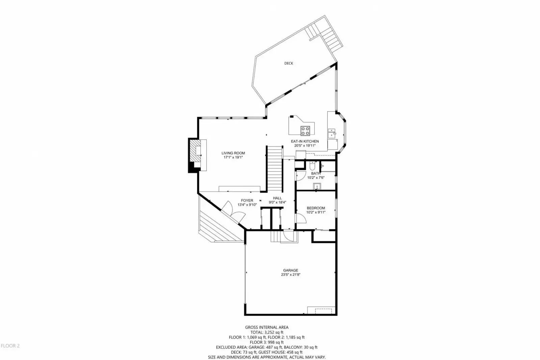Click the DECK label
[x=288, y=63]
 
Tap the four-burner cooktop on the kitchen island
[x=305, y=131]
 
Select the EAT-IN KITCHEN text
[x=305, y=141]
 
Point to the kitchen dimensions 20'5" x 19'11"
[x=305, y=146]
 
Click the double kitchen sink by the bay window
[x=332, y=133]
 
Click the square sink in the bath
[x=317, y=186]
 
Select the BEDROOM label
[x=316, y=208]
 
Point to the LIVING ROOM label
[x=233, y=153]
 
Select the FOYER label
[x=247, y=201]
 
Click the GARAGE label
[x=290, y=271]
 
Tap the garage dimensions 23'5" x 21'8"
[x=290, y=275]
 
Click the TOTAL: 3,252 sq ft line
[x=267, y=333]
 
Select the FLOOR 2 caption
[x=10, y=346]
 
